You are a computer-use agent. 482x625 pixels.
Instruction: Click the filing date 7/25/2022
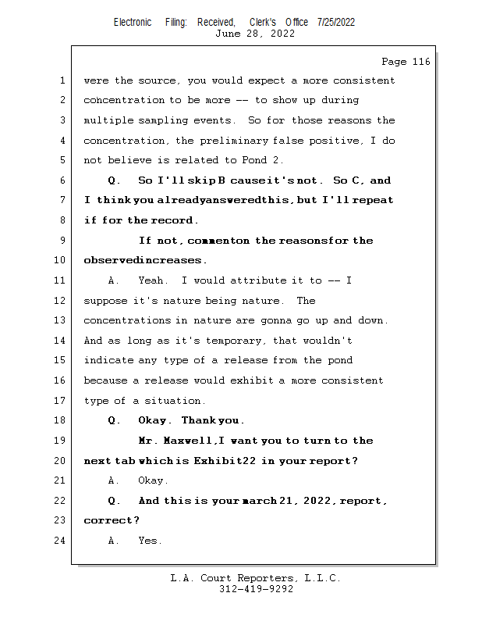pyautogui.click(x=335, y=22)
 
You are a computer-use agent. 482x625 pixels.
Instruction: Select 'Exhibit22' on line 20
pyautogui.click(x=232, y=461)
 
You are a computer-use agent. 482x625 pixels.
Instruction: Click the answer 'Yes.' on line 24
pyautogui.click(x=150, y=541)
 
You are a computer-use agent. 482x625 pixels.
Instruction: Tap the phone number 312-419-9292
pyautogui.click(x=256, y=590)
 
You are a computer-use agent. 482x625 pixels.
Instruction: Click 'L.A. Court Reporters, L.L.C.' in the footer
pyautogui.click(x=256, y=579)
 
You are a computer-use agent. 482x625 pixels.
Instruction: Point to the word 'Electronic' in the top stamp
pyautogui.click(x=133, y=22)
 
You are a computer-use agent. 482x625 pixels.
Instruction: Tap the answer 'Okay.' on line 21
pyautogui.click(x=153, y=480)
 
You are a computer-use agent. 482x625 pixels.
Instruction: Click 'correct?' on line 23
pyautogui.click(x=112, y=520)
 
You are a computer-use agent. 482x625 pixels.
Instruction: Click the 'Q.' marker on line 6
pyautogui.click(x=114, y=180)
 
